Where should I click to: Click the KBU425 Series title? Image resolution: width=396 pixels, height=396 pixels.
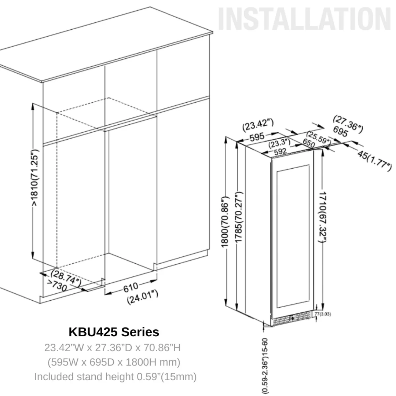[114, 332]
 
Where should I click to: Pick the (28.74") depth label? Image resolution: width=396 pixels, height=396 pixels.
[65, 277]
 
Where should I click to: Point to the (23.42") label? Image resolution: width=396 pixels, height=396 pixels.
[258, 125]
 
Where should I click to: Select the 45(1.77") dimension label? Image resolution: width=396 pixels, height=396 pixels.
[374, 160]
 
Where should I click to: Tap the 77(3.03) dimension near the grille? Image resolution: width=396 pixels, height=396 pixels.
[323, 314]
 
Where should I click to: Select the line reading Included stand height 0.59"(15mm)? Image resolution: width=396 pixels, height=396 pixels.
[115, 377]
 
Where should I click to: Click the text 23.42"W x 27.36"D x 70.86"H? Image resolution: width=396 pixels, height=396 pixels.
[113, 347]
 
